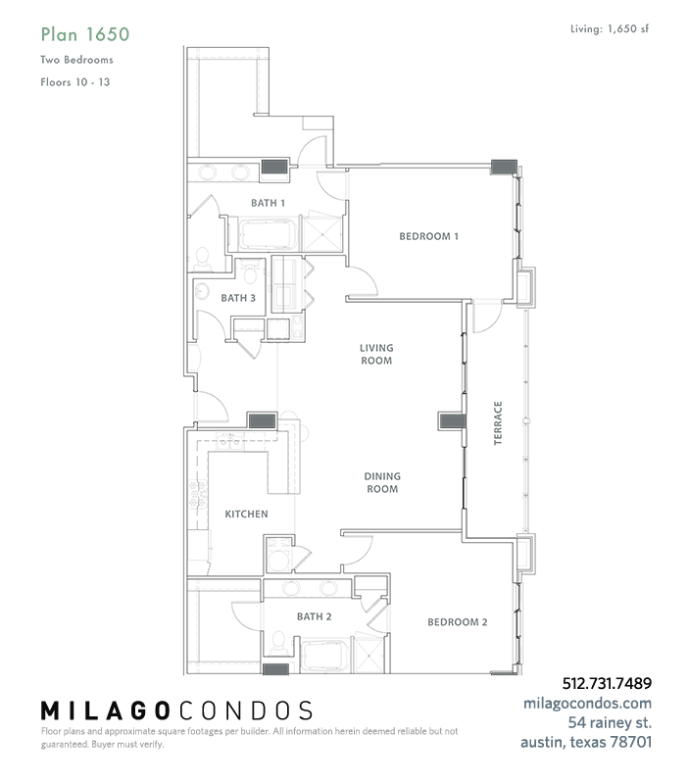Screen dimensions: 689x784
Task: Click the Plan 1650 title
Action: point(85,34)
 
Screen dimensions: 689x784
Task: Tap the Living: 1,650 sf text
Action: point(610,29)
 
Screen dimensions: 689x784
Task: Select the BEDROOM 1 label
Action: point(428,236)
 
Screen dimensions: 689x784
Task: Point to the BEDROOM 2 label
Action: point(457,622)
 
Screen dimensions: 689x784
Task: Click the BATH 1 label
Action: point(268,203)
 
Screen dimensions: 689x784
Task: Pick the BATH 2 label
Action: point(314,616)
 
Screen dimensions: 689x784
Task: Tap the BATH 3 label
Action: point(238,298)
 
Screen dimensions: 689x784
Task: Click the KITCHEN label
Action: point(246,514)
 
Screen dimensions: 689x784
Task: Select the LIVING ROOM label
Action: point(376,354)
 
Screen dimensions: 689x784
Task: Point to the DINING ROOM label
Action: point(382,482)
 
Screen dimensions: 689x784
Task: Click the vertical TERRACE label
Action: point(498,423)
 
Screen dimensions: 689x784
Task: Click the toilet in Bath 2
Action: point(278,644)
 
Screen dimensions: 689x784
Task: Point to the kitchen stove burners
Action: point(197,494)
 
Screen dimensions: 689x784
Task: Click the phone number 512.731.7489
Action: point(607,683)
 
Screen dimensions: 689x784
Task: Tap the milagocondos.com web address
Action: point(587,703)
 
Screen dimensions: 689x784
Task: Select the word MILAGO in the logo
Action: point(105,711)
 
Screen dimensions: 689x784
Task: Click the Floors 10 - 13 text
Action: point(75,82)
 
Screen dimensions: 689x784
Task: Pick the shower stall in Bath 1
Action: point(322,232)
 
